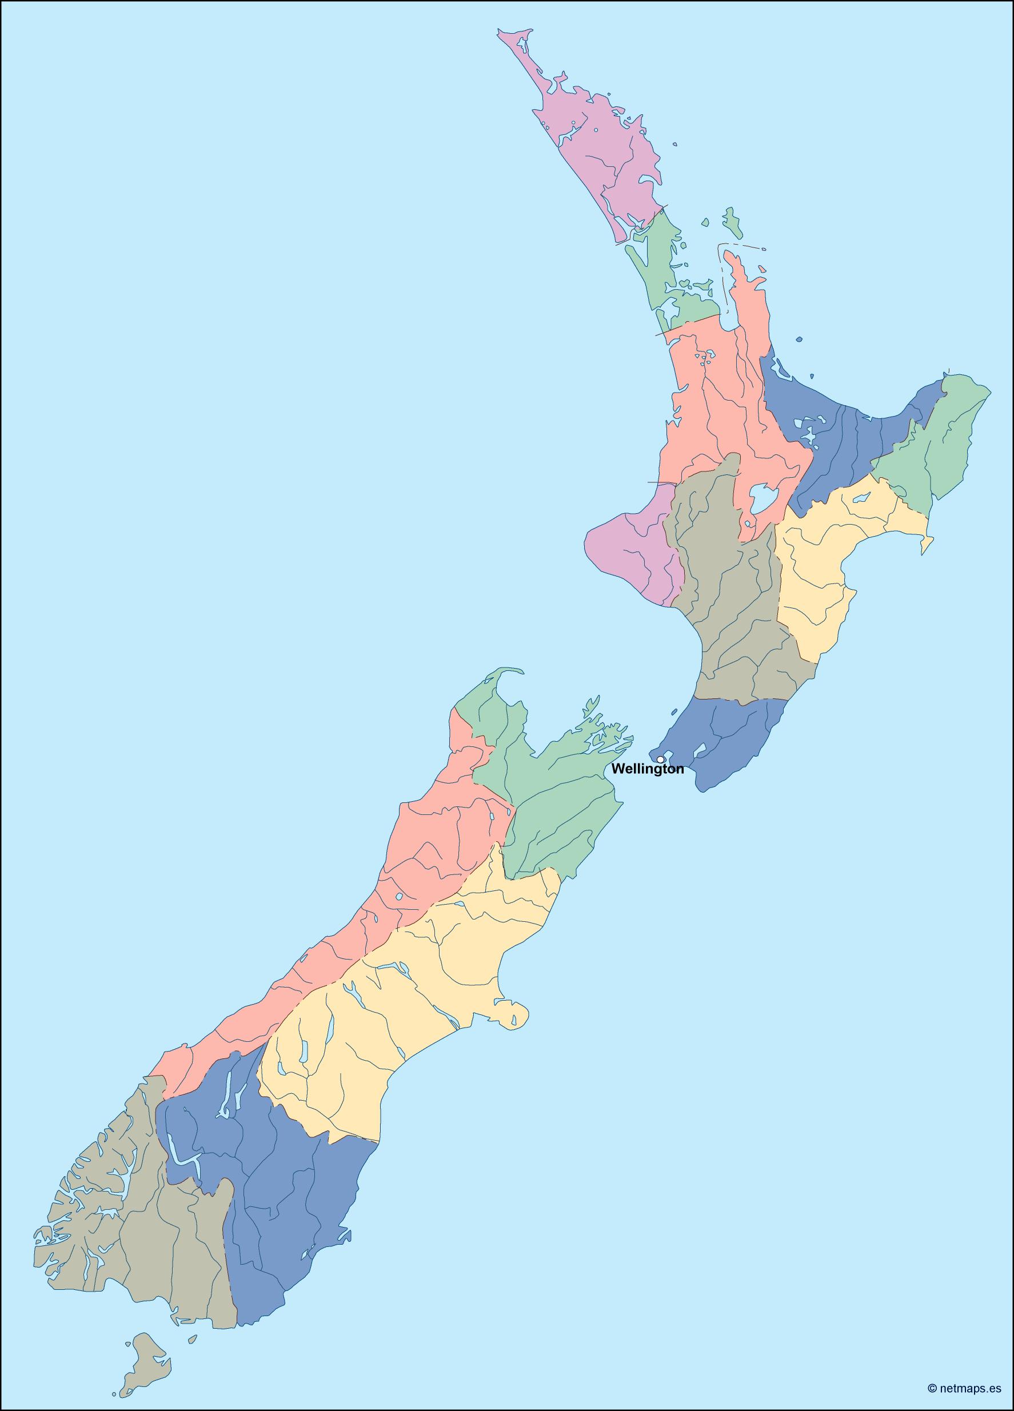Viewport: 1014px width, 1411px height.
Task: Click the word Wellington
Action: point(647,769)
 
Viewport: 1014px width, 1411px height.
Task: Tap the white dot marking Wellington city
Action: point(660,759)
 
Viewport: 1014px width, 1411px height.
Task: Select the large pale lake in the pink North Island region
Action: point(761,498)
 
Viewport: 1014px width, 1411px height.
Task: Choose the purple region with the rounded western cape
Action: point(628,547)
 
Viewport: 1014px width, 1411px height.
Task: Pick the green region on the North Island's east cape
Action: point(939,442)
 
